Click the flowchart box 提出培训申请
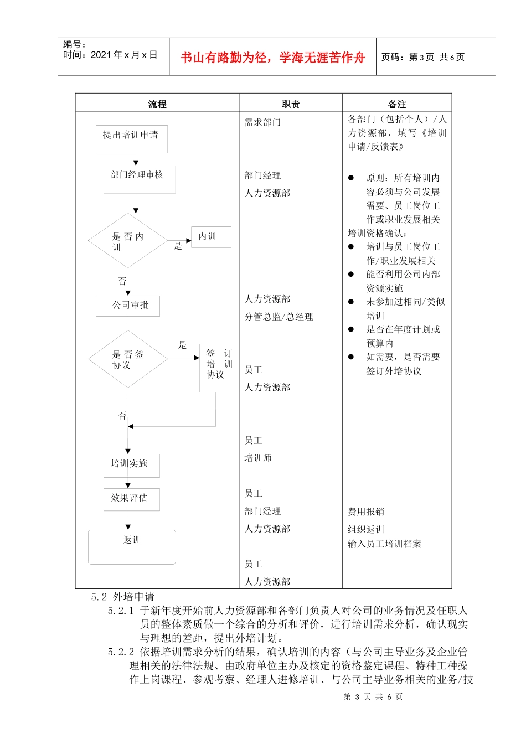132,139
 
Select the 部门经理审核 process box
140,179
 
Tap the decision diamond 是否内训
128,241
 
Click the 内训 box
211,237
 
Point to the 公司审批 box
128,306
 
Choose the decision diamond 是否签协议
128,359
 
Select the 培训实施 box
132,466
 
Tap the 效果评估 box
132,499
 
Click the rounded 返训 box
132,547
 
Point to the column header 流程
157,104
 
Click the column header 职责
291,104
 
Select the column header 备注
397,104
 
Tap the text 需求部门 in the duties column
262,122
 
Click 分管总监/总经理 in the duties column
279,317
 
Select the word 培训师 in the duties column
258,458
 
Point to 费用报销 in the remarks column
366,512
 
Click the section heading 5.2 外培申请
123,597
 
